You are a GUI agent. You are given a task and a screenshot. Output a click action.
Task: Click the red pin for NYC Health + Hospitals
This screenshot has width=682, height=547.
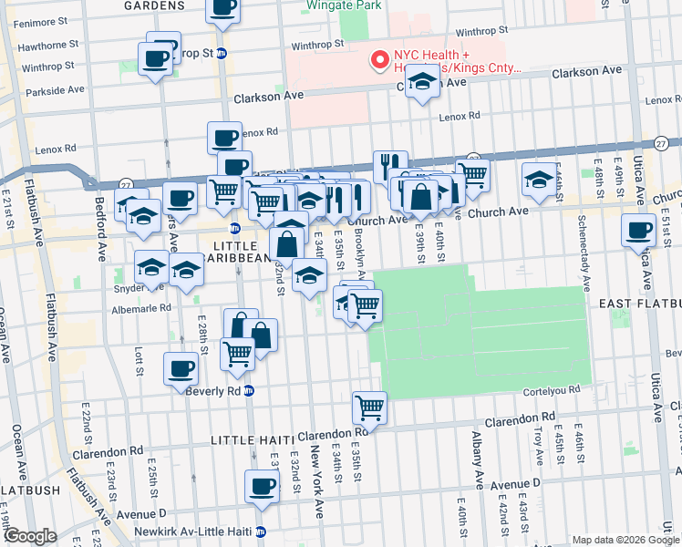[x=377, y=61]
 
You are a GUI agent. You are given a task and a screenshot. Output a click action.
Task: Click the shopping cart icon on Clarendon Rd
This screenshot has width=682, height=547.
[x=369, y=407]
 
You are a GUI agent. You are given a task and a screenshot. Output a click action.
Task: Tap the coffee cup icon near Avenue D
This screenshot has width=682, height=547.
[x=262, y=486]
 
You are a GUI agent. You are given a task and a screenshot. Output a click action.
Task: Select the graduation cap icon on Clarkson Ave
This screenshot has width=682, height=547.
[x=421, y=81]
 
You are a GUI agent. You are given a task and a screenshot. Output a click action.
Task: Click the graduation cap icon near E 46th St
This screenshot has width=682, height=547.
[x=539, y=179]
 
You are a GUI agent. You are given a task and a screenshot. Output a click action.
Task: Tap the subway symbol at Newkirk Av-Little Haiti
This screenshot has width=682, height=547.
[x=261, y=532]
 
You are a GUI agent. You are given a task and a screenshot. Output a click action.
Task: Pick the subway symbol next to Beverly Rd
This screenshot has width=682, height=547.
[x=249, y=390]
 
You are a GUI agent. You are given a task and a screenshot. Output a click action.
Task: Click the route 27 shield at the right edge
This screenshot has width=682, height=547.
[x=661, y=143]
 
